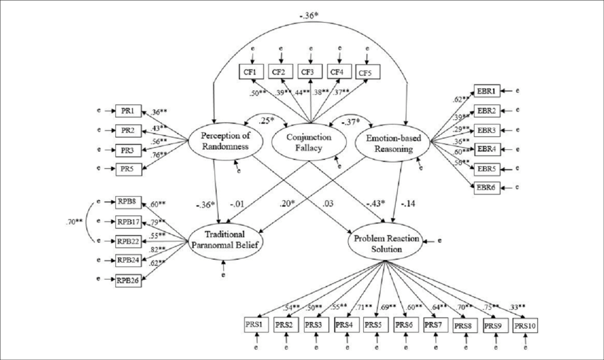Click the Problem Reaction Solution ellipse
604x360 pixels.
pos(384,240)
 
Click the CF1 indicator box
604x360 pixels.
pos(250,71)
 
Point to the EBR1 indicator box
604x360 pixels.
pos(487,90)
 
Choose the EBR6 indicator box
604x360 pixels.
pos(487,188)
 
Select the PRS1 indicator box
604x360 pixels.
pos(256,324)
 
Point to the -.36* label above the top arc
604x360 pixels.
pos(306,13)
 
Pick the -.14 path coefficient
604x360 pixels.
pos(407,204)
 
